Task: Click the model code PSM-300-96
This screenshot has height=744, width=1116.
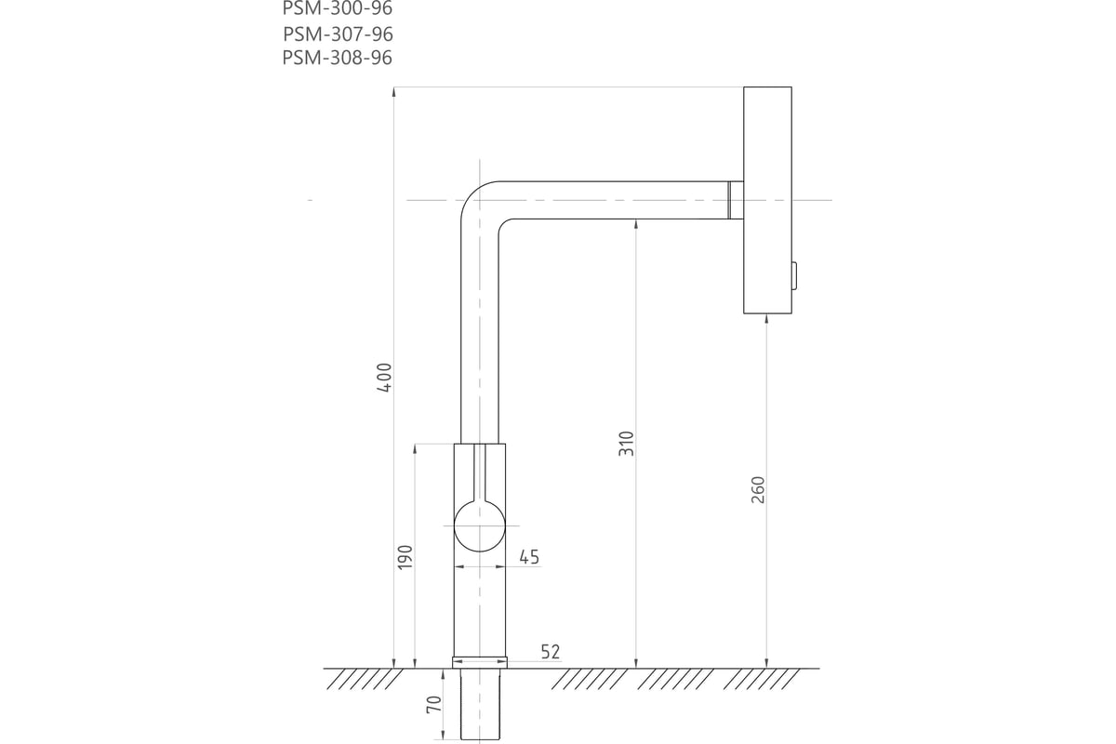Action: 338,8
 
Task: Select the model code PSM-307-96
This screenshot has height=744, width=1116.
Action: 338,33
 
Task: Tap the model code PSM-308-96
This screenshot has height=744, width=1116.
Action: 338,58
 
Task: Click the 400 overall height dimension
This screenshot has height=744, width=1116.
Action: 385,378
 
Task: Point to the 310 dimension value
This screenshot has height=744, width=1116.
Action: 626,444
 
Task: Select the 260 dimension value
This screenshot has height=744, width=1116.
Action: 757,490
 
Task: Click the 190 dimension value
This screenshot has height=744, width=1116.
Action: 405,558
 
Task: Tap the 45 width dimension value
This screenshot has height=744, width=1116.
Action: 529,557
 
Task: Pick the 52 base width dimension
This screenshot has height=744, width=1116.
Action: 551,652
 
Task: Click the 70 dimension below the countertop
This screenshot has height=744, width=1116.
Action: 434,704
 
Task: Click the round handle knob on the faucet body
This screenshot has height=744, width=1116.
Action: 480,525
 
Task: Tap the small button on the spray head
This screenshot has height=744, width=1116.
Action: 794,276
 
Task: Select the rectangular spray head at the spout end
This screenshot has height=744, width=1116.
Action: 768,200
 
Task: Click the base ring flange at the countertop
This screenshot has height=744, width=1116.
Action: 480,662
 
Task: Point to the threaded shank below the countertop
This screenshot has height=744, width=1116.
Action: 480,704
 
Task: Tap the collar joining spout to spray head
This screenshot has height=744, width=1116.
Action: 736,200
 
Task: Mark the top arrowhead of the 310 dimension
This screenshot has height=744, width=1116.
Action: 636,224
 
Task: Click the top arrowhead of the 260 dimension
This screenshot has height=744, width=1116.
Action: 766,319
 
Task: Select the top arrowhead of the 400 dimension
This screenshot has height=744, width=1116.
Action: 394,92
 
